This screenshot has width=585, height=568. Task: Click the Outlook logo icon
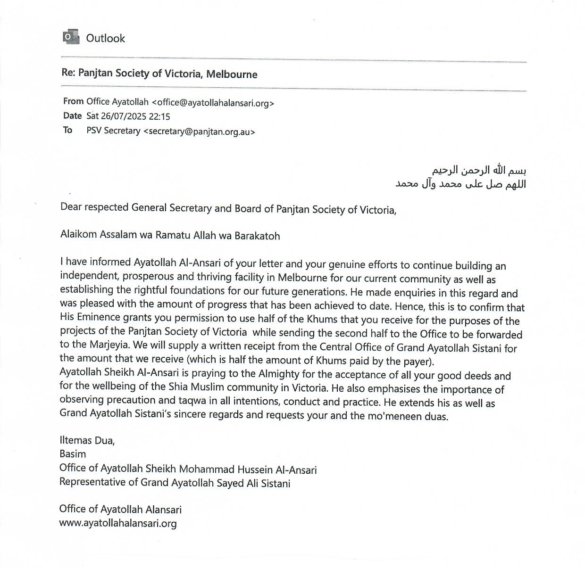pyautogui.click(x=71, y=37)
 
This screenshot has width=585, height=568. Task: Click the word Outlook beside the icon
pyautogui.click(x=105, y=38)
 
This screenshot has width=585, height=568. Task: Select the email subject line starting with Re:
pyautogui.click(x=159, y=74)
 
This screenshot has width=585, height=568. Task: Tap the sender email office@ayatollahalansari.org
pyautogui.click(x=213, y=102)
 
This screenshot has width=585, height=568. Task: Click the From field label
pyautogui.click(x=73, y=101)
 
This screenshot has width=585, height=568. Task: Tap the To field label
pyautogui.click(x=68, y=130)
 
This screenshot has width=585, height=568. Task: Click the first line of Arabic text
pyautogui.click(x=479, y=170)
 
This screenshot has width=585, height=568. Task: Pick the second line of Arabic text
pyautogui.click(x=460, y=184)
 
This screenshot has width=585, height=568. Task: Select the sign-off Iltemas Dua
pyautogui.click(x=87, y=441)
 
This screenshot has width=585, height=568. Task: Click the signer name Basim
pyautogui.click(x=73, y=454)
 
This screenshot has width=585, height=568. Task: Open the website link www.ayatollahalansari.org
pyautogui.click(x=118, y=523)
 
